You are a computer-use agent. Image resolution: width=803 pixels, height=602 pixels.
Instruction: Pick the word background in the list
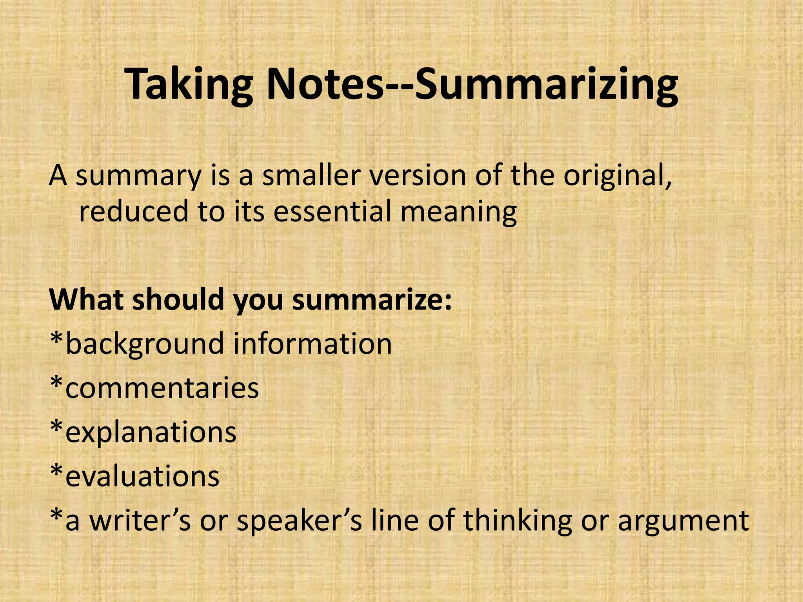pos(145,344)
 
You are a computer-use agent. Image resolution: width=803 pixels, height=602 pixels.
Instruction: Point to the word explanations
pos(151,432)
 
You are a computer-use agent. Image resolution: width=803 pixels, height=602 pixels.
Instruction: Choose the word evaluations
pos(142,476)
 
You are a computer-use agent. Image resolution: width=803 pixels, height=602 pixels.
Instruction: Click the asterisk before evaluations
pos(57,470)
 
